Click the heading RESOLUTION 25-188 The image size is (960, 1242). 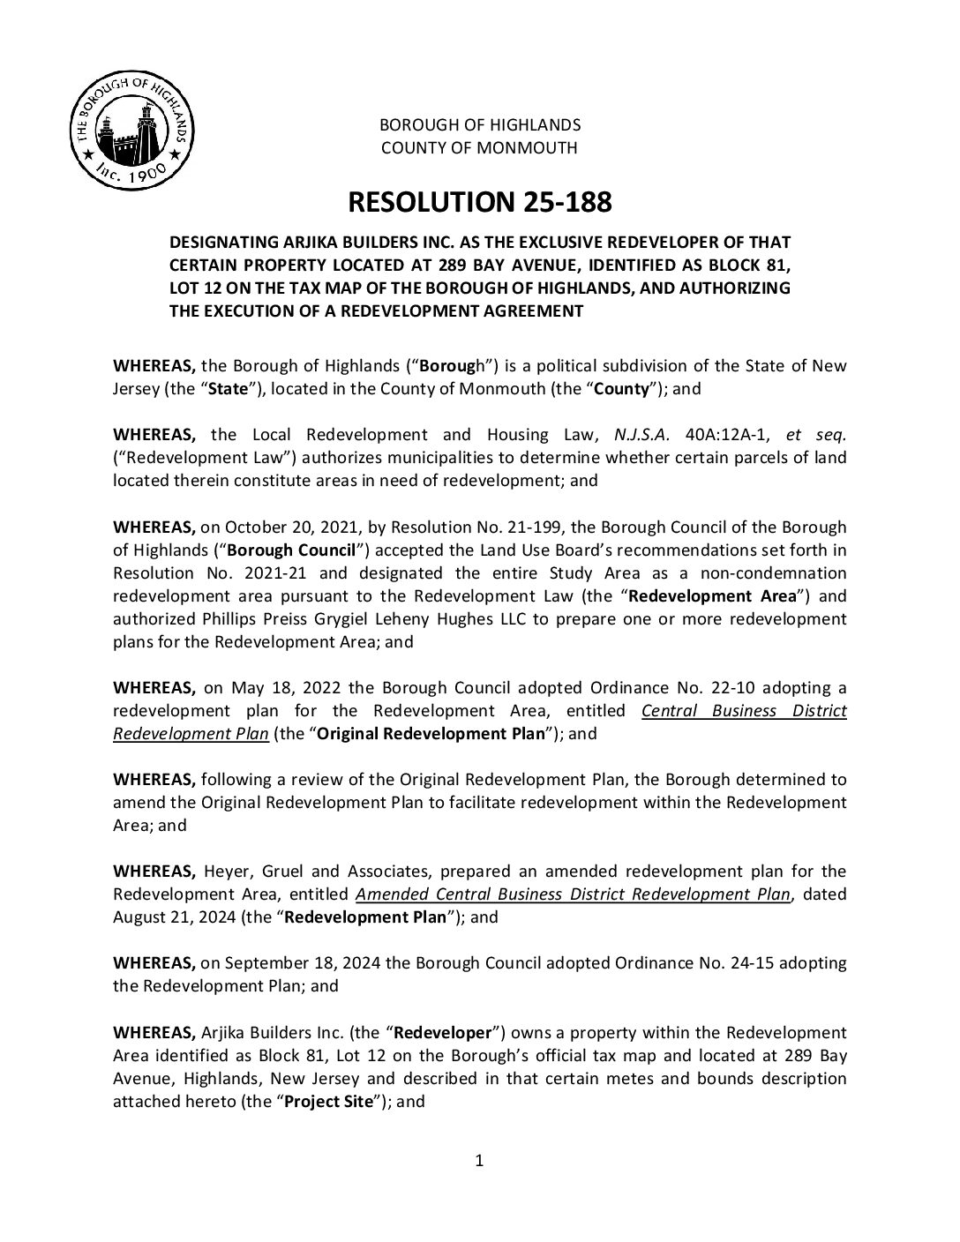click(x=479, y=203)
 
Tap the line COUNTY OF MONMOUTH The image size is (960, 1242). click(x=479, y=148)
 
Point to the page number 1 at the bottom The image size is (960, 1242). click(x=479, y=1161)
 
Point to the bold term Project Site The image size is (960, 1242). click(x=328, y=1101)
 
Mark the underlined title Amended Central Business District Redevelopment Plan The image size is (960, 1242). click(x=573, y=894)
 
